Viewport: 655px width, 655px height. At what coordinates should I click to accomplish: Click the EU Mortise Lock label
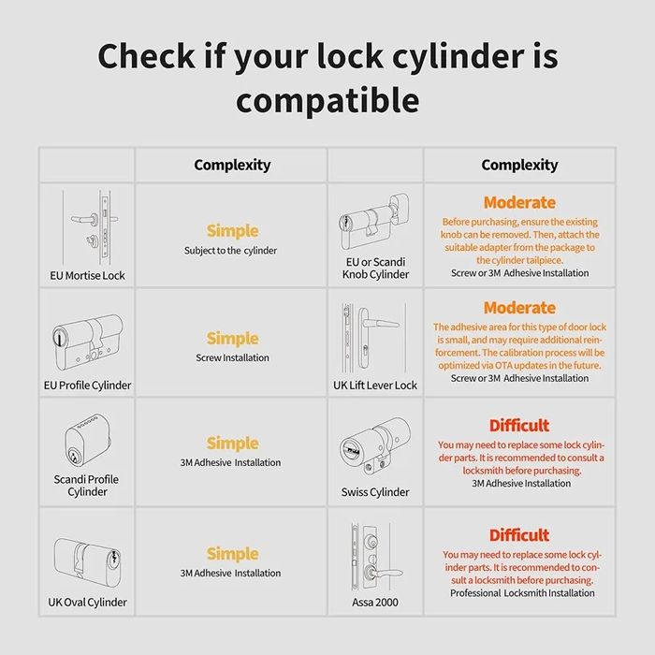[87, 276]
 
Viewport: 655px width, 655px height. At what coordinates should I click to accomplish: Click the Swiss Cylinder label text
[375, 492]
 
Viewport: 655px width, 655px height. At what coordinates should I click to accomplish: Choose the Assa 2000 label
[375, 602]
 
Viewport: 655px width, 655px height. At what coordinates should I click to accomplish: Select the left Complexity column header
[232, 166]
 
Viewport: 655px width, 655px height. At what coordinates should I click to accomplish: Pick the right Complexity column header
[519, 166]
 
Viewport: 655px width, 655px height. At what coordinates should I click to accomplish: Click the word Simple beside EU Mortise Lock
[232, 230]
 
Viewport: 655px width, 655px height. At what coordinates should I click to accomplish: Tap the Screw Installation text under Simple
[232, 358]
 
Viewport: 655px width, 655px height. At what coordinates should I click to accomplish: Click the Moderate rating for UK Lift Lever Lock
[519, 308]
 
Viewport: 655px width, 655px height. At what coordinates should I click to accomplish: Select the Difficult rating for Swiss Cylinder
[519, 425]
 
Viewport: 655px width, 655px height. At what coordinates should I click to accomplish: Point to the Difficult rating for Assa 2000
[519, 535]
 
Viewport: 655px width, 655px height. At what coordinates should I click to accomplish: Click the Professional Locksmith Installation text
[522, 593]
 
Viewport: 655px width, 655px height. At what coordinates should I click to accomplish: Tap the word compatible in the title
[327, 100]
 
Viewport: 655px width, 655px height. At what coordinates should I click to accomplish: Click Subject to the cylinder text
[230, 251]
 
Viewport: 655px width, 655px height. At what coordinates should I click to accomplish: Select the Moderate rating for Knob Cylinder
[519, 202]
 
